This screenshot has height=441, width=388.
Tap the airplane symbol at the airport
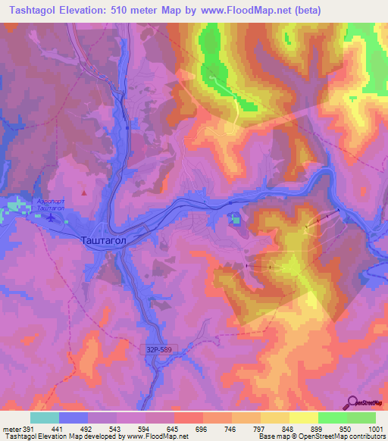[x=50, y=217]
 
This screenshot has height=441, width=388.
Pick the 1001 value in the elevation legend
[x=375, y=429]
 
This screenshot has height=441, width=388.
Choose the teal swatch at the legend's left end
[x=44, y=418]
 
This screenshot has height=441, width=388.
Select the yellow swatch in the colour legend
[x=303, y=418]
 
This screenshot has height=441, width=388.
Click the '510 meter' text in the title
[x=136, y=10]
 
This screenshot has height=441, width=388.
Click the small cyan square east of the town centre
[x=235, y=220]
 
